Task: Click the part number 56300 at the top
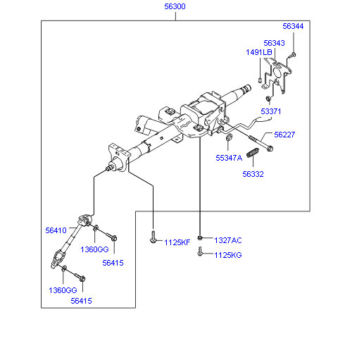pos(175,6)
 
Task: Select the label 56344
pos(293,26)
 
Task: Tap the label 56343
pos(274,43)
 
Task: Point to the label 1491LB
pos(259,52)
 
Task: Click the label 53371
pos(271,111)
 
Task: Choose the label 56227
pos(284,135)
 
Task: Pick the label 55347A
pos(229,158)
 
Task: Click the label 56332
pos(253,174)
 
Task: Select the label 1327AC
pos(228,240)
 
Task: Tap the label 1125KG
pos(228,255)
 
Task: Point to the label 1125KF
pos(177,242)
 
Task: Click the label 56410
pos(56,230)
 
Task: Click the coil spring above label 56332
pos(253,153)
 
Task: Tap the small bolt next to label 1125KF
pos(153,237)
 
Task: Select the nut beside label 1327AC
pos(200,238)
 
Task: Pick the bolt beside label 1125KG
pos(200,252)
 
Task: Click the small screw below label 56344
pos(292,56)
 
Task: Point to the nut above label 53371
pos(268,99)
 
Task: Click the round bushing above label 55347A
pos(229,137)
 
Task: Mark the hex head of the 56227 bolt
pos(270,148)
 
